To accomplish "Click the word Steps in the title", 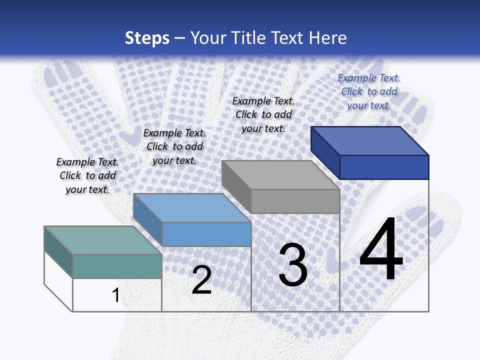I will [147, 38].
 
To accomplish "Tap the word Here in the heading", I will [327, 38].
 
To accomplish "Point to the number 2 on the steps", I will [201, 280].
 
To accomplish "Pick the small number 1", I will [116, 295].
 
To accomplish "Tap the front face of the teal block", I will [117, 266].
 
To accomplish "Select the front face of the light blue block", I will [206, 234].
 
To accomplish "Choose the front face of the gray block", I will [295, 201].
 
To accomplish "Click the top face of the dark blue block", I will [369, 140].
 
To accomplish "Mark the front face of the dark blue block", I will [384, 167].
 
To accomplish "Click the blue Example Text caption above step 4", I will [369, 91].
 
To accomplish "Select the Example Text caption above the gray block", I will [263, 114].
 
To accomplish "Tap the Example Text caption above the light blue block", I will [174, 146].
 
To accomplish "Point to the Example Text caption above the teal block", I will [87, 175].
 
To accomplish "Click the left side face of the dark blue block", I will [325, 152].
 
